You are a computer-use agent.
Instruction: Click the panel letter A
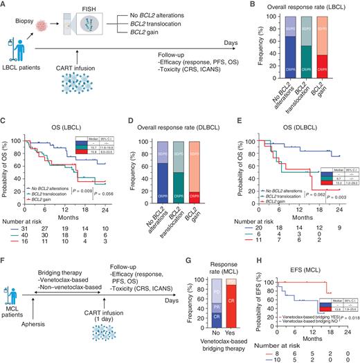click(5, 6)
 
